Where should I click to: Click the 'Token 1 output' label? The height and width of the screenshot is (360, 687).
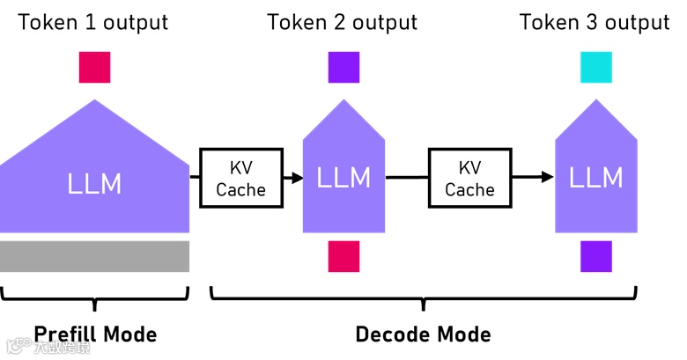(94, 22)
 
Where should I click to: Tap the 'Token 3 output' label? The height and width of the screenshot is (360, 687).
(595, 22)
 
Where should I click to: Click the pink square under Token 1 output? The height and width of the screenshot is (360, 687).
(94, 68)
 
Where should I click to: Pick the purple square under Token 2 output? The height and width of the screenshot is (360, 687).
(344, 68)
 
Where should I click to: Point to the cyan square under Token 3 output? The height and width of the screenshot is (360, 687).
(595, 68)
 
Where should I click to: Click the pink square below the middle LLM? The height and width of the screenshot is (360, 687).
(344, 256)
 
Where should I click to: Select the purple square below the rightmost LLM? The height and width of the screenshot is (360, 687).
(595, 256)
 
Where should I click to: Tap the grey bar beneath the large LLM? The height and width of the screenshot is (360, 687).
(94, 256)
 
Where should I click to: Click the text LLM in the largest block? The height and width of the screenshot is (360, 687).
(94, 184)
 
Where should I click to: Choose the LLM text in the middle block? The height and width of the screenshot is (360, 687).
(343, 178)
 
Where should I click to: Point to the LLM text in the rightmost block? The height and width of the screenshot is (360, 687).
(595, 178)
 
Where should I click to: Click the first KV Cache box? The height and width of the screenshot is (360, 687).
(241, 178)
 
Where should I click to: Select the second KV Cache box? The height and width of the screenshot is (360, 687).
(469, 178)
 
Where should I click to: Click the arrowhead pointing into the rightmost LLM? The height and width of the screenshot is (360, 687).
(548, 178)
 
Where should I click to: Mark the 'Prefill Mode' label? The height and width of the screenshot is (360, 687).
(95, 334)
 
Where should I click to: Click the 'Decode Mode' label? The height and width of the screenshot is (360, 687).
(423, 334)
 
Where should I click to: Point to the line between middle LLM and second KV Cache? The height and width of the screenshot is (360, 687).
(407, 178)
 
